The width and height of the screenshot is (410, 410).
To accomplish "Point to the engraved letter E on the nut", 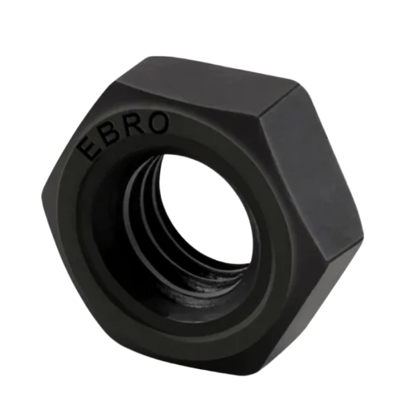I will [x=88, y=148].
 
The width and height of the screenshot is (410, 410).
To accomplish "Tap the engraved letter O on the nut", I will [x=160, y=121].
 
